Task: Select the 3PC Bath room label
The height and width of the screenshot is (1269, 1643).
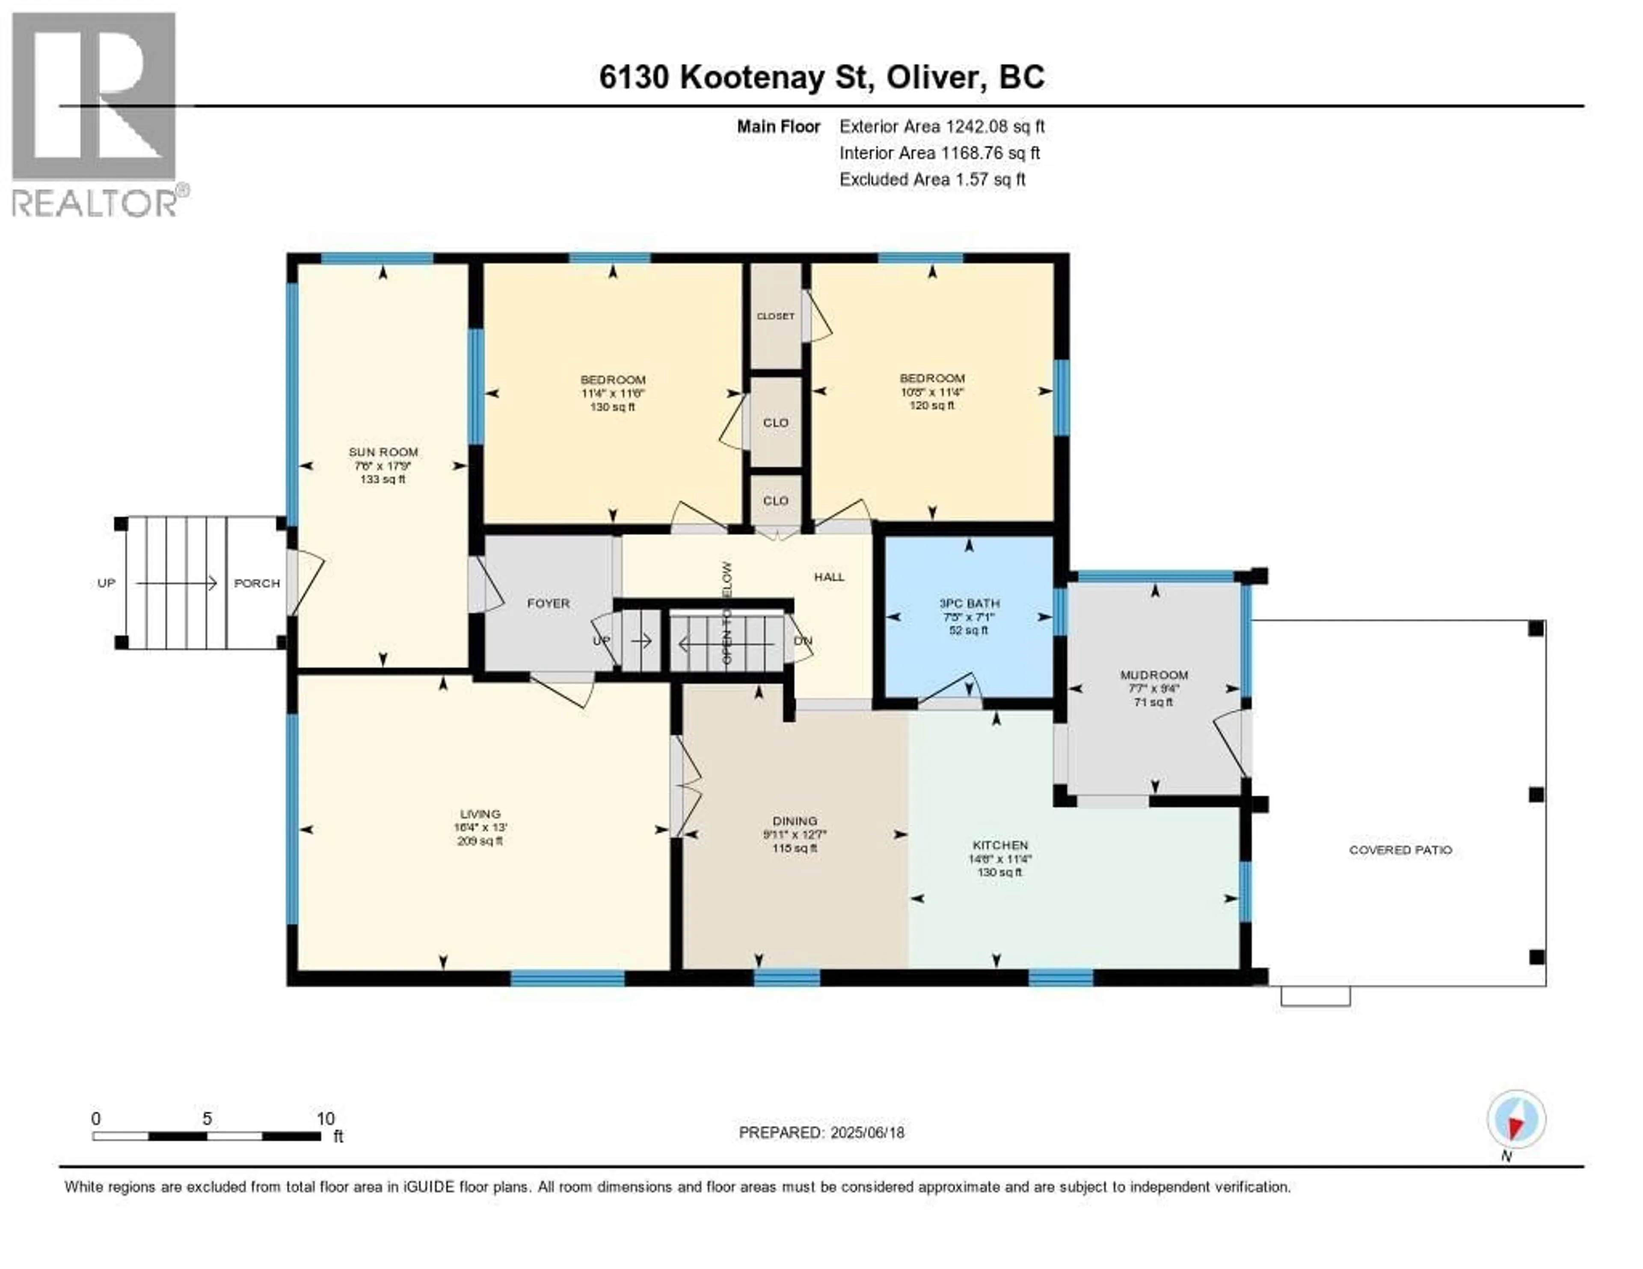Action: point(969,603)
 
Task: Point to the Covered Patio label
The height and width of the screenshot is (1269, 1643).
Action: point(1400,850)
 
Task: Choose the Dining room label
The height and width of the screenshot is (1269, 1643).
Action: point(795,821)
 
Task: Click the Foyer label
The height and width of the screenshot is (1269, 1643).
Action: point(549,603)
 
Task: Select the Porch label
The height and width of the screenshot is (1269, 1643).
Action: point(257,583)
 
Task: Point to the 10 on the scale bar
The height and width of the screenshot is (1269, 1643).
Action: point(325,1118)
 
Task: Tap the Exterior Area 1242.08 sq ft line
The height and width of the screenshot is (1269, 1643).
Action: point(942,126)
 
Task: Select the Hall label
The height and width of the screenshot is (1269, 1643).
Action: point(829,577)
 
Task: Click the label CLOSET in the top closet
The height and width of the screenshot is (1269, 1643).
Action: point(776,316)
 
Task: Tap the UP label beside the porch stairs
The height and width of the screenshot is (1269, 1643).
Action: point(106,583)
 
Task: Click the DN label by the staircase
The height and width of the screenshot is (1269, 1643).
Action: point(804,641)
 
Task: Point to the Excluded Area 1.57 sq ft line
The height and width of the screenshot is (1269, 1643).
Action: point(932,179)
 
